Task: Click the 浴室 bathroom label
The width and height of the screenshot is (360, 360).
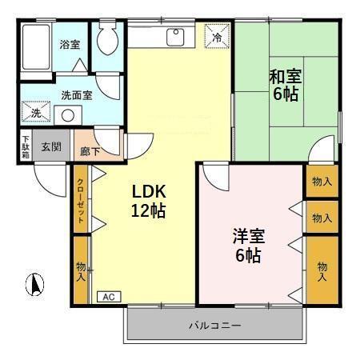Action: point(70,45)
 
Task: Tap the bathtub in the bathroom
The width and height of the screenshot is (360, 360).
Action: point(34,48)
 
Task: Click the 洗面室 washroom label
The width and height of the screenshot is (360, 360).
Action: point(77,94)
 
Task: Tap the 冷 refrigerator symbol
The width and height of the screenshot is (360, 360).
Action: point(216,36)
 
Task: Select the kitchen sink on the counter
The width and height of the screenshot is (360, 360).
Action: point(176,37)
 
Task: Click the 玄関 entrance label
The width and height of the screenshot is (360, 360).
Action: point(51,147)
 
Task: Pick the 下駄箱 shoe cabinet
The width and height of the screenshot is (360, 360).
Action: point(26,149)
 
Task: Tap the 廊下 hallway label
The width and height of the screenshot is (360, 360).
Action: point(90,150)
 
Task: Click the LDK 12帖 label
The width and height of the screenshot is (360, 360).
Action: point(149,202)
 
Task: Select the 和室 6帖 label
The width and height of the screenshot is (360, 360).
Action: point(284,86)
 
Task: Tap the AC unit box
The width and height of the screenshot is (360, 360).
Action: point(107,296)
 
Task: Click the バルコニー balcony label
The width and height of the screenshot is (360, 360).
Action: point(214,326)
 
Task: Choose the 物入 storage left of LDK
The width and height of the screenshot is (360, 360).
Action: point(81,270)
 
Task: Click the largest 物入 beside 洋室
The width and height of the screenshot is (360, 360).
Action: point(322,270)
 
